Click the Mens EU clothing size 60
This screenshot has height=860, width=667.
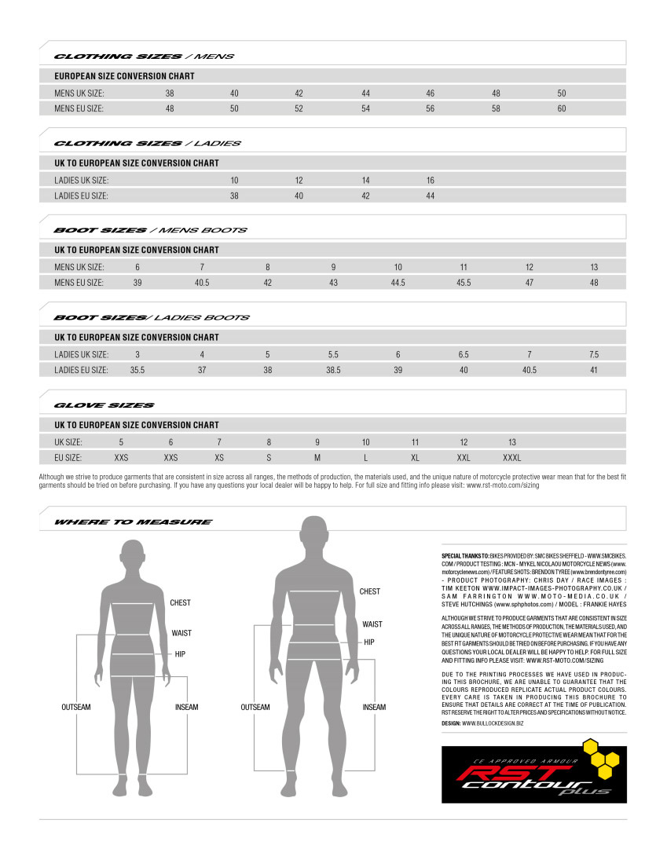tap(562, 109)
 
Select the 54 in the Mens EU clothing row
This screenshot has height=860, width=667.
tap(365, 109)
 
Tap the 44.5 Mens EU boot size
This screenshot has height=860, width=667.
tap(398, 283)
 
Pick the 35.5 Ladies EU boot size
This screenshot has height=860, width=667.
tap(137, 370)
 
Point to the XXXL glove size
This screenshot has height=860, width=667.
tap(511, 457)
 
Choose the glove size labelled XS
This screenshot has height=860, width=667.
tap(219, 457)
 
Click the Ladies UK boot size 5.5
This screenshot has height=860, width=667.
tap(333, 354)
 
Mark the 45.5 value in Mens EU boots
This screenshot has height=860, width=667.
tap(464, 283)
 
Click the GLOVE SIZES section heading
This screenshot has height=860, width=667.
tap(104, 405)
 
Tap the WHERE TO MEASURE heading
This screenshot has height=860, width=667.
tap(133, 522)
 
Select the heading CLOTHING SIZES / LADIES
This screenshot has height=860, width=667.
tap(147, 144)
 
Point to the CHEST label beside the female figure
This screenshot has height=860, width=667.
tap(180, 603)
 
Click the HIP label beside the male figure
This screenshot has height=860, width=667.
tap(369, 642)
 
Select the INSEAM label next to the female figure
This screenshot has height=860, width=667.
tap(187, 707)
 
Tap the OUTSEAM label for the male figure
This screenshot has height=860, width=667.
tap(255, 707)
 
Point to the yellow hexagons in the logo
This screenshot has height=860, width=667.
tap(601, 754)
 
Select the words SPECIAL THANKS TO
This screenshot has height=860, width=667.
tap(465, 555)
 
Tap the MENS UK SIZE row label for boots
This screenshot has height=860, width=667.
tap(79, 267)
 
